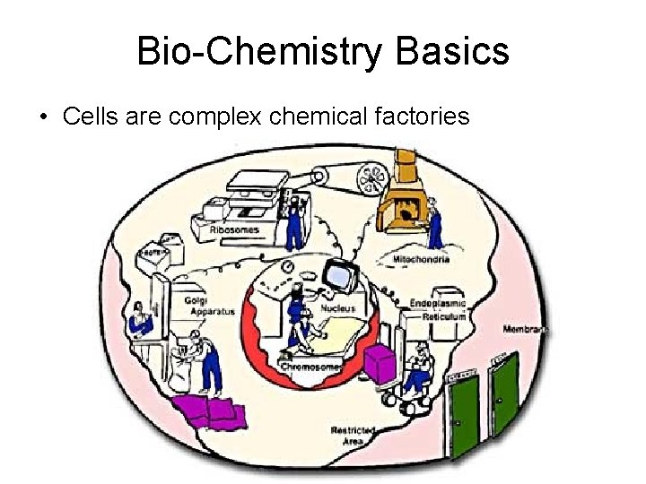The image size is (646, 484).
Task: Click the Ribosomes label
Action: [x=234, y=230]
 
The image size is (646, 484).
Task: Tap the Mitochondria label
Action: [x=421, y=259]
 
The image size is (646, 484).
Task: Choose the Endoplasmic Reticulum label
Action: [x=439, y=309]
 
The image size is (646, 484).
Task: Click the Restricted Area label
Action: [x=352, y=436]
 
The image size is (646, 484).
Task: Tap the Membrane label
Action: [x=525, y=329]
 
